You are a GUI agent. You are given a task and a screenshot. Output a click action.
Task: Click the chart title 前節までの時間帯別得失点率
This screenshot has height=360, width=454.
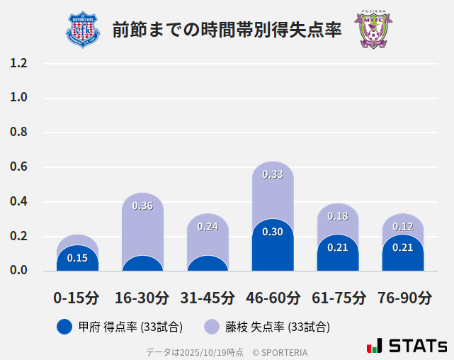[x=227, y=30]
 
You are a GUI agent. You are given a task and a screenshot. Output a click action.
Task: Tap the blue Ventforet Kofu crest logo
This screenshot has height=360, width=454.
[x=83, y=30]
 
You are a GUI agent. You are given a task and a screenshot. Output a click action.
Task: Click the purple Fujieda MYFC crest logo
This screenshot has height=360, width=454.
[x=373, y=30]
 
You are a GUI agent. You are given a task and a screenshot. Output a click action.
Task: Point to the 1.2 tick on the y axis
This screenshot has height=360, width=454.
[x=18, y=63]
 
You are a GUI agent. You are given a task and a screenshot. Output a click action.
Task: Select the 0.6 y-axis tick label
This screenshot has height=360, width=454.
[x=18, y=167]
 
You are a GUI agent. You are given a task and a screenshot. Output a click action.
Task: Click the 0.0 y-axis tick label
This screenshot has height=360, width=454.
[x=18, y=271]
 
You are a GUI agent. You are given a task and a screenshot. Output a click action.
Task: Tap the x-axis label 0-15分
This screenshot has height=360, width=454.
[x=76, y=298]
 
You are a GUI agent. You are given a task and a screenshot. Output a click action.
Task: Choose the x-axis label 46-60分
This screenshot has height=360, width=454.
[x=273, y=298]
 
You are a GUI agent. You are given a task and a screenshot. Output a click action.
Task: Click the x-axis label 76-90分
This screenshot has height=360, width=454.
[x=403, y=298]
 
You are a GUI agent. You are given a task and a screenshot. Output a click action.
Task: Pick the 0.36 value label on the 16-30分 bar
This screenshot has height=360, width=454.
[x=142, y=206]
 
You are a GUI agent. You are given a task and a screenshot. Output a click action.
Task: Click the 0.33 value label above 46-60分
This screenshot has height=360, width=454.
[x=273, y=174]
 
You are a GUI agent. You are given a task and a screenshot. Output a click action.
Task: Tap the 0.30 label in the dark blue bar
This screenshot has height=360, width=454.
[x=273, y=232]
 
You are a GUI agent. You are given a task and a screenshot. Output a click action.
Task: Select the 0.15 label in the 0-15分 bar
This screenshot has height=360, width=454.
[x=77, y=258]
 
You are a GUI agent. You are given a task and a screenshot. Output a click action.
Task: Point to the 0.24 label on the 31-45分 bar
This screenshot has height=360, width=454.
[x=208, y=227]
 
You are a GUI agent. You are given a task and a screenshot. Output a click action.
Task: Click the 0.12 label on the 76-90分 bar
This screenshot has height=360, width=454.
[x=403, y=227]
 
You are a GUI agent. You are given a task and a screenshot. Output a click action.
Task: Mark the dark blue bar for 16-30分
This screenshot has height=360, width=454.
[x=142, y=264]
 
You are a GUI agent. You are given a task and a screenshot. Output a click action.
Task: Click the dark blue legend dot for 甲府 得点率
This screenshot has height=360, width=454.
[x=64, y=327]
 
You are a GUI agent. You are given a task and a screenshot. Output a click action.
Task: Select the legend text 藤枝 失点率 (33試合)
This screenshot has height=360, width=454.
[x=278, y=327]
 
